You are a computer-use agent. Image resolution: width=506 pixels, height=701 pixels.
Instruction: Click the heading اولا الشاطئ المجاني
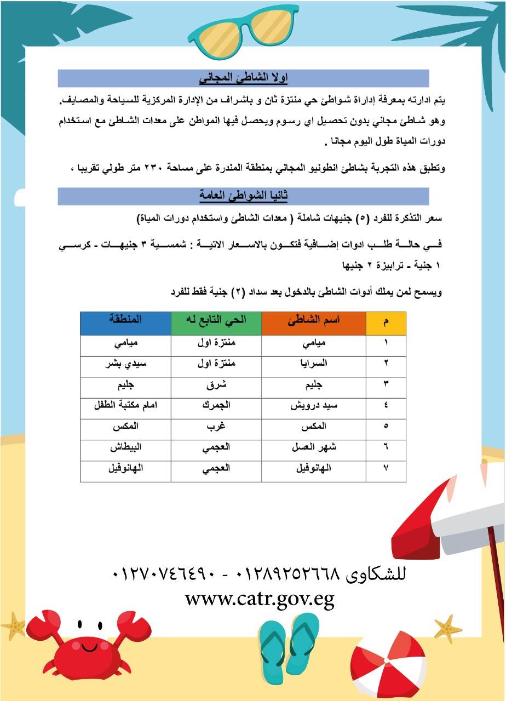click(243, 78)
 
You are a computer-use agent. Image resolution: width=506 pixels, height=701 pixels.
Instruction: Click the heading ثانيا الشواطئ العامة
click(243, 196)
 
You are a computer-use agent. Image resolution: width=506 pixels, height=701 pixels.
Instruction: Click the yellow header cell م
click(386, 323)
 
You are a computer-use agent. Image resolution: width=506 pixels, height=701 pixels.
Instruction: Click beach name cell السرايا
click(318, 363)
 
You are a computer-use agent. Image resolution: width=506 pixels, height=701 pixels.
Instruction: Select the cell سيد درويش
click(314, 405)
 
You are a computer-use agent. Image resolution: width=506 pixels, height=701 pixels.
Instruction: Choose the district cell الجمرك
click(216, 405)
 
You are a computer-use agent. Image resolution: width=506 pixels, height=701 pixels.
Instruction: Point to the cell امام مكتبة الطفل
click(125, 405)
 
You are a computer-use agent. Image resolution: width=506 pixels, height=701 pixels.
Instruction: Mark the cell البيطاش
click(125, 447)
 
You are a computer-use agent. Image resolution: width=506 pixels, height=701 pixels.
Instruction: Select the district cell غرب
click(216, 426)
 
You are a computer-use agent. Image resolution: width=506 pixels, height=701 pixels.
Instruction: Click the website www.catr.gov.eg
click(260, 599)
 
